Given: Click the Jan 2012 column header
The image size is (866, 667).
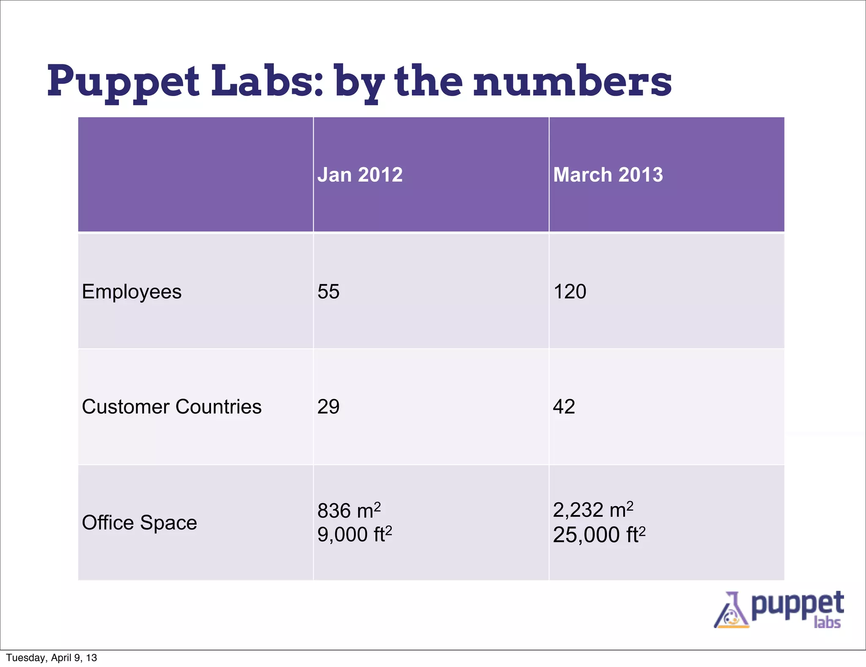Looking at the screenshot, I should point(360,175).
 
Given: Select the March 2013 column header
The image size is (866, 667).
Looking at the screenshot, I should point(608,175).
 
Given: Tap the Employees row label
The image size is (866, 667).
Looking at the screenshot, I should point(132,292).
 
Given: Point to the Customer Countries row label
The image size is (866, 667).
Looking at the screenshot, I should point(171,407).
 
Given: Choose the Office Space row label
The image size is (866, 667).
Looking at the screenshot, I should point(139,523).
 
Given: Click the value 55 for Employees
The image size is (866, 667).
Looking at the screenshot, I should point(329,292).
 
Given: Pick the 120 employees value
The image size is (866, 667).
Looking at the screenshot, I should point(570,292).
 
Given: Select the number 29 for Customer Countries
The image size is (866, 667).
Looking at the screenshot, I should point(329,407).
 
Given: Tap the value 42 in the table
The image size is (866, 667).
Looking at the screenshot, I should point(564,407).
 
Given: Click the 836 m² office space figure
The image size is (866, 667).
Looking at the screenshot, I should point(349,510).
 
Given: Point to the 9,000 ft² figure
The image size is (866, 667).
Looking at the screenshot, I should point(354,535).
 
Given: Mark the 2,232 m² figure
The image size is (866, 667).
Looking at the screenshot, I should point(593,510).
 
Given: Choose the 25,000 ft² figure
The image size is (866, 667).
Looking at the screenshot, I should point(599,535).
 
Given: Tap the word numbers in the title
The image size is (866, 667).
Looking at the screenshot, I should point(572,82).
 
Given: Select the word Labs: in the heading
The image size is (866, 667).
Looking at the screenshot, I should point(268,81).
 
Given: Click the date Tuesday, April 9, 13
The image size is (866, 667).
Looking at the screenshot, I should point(52,658).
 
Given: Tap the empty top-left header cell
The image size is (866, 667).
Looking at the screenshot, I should point(195,175).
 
